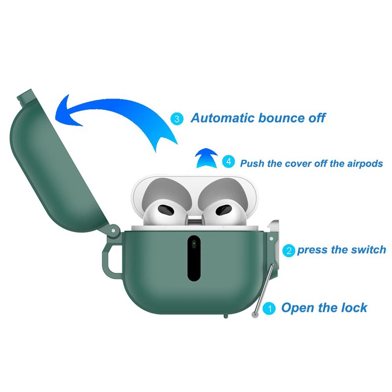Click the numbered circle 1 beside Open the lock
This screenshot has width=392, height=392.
click(269, 308)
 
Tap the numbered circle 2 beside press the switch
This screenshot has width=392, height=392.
click(290, 250)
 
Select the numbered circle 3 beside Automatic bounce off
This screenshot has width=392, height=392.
click(177, 118)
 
